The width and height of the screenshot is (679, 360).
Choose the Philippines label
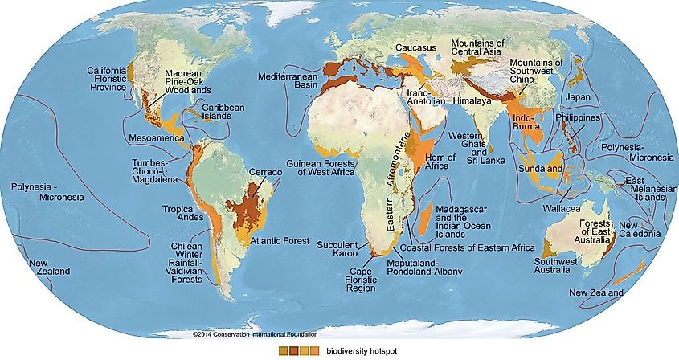point(577,118)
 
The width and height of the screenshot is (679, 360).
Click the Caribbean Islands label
point(223,112)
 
